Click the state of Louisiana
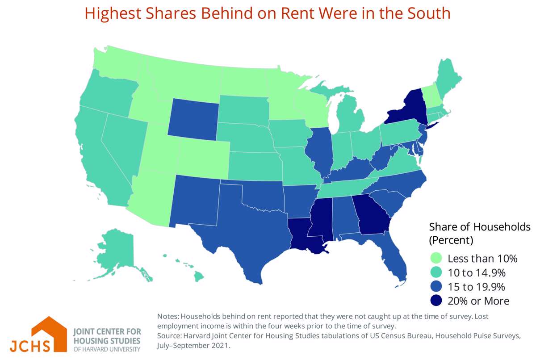tap(306, 234)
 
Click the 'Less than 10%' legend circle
tap(435, 258)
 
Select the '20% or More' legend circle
tap(435, 301)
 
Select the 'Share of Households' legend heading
tap(480, 227)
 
